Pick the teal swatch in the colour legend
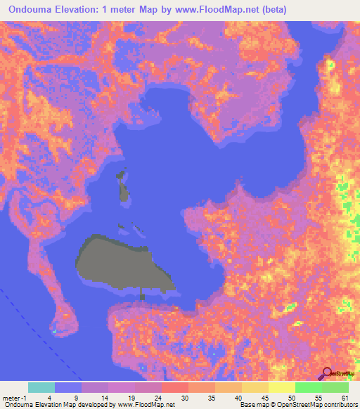[x=41, y=387]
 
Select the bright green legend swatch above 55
[x=308, y=387]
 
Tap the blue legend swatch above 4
[x=68, y=387]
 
